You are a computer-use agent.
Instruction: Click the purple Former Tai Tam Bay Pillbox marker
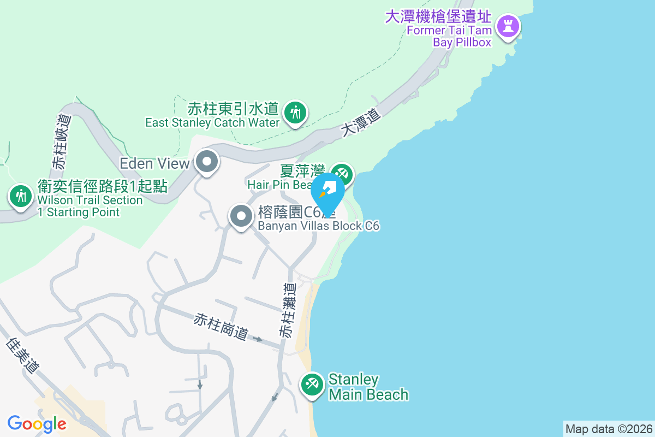pos(508,26)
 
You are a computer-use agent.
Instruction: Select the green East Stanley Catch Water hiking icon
pos(295,113)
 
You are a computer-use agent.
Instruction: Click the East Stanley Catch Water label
pos(212,115)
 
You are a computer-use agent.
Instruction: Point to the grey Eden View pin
pos(207,162)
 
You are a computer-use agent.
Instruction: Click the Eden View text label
pos(154,163)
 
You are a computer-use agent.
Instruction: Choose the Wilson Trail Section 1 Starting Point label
pos(91,199)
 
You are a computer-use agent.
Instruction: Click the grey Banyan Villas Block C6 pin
pos(241,216)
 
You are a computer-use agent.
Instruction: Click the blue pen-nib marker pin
pos(328,192)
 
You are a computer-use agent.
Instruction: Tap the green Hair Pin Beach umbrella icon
pos(342,174)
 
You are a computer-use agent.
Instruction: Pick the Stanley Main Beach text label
pos(368,387)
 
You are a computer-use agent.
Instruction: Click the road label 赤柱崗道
pos(221,327)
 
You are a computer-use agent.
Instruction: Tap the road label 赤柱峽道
pos(62,141)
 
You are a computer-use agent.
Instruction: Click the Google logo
pos(37,423)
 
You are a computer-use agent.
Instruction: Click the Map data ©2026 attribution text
pos(609,429)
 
